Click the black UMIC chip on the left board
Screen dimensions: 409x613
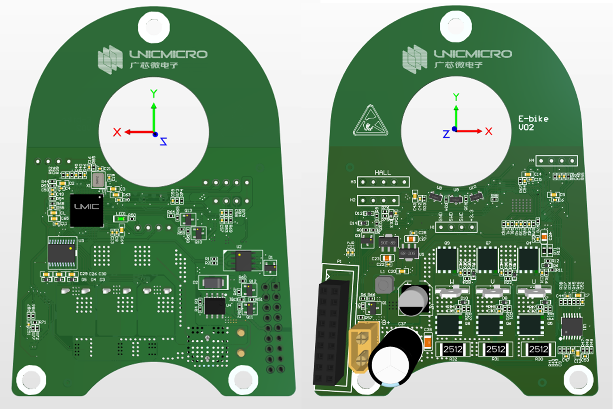point(87,210)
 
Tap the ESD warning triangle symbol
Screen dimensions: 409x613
point(370,122)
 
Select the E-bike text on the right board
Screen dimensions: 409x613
point(533,119)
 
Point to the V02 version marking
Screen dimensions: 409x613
point(526,128)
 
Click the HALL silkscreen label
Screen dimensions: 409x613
point(382,173)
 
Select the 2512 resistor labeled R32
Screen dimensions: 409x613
point(453,349)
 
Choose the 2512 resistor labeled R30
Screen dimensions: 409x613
point(539,349)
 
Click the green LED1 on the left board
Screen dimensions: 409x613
point(120,219)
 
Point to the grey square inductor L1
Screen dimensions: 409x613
point(384,285)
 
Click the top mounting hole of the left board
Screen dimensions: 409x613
point(153,27)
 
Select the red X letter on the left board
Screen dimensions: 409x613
point(117,132)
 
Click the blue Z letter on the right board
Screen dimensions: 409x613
point(446,134)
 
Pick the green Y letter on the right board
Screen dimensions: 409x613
point(456,97)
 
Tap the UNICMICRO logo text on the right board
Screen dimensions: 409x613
point(473,54)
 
